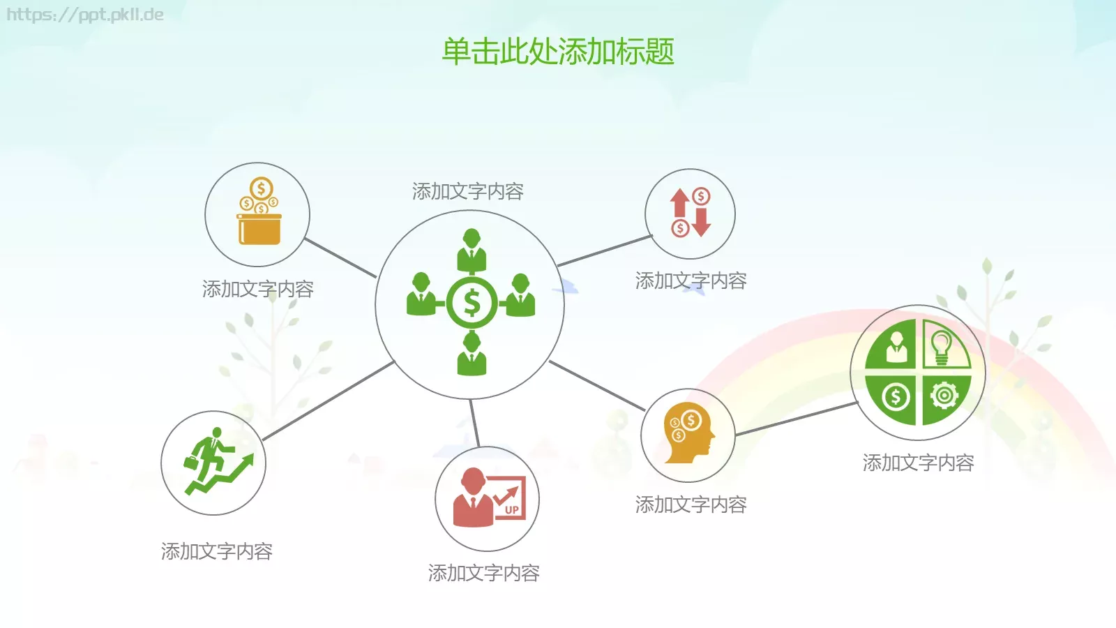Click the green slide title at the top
(x=558, y=52)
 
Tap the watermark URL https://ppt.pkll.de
(x=84, y=15)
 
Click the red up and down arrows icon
(x=690, y=212)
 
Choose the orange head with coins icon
(x=688, y=434)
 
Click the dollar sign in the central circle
(x=472, y=303)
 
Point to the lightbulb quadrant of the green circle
(x=944, y=345)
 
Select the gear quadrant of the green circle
(x=944, y=397)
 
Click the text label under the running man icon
(x=216, y=551)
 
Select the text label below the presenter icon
(x=483, y=573)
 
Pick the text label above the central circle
(x=467, y=191)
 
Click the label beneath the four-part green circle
(x=918, y=463)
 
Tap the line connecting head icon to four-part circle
(x=795, y=419)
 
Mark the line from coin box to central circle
(x=340, y=257)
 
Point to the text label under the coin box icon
(x=257, y=289)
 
